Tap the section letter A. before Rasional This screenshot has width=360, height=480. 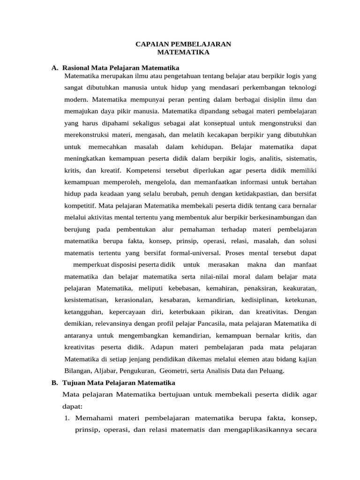click(55, 67)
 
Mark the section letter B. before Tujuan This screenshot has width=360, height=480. click(55, 382)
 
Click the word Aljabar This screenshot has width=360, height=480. click(104, 371)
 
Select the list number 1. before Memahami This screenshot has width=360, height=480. click(67, 417)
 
